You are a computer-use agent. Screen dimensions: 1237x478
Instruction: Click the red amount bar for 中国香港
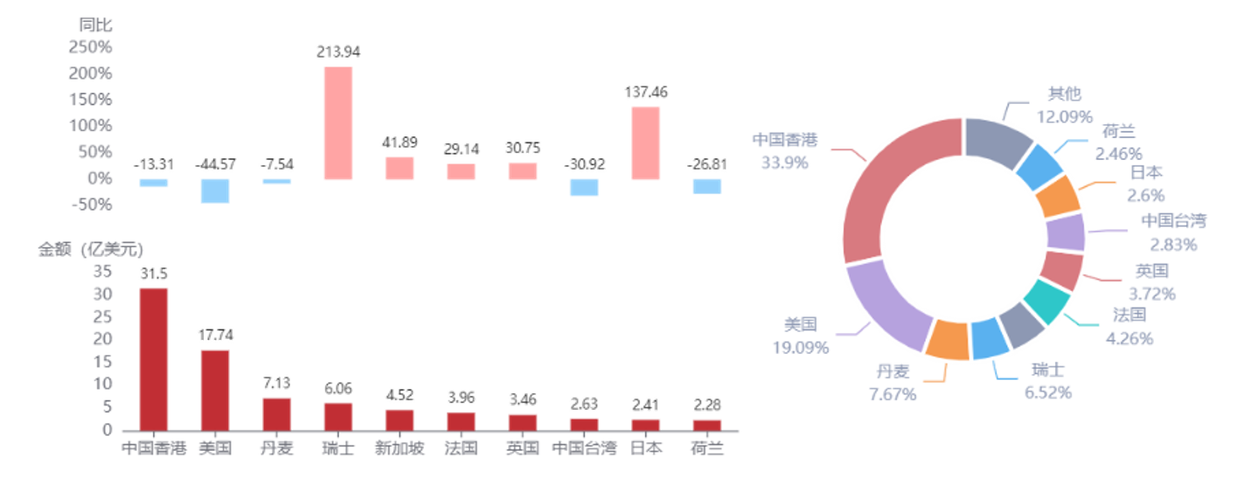point(154,359)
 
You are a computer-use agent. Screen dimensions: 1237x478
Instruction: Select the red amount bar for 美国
point(215,391)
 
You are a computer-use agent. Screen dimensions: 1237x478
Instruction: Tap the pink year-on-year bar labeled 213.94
point(338,123)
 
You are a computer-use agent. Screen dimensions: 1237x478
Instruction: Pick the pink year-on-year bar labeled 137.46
point(645,143)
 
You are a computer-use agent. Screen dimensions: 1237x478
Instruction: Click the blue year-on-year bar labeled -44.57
point(215,191)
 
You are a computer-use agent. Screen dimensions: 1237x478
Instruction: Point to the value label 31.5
point(154,274)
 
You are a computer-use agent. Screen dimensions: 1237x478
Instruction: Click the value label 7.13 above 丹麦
point(276,383)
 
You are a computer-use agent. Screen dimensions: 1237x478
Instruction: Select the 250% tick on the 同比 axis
point(91,47)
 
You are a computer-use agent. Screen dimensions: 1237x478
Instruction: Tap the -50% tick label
point(92,204)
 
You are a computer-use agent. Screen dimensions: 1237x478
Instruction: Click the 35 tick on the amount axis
point(102,272)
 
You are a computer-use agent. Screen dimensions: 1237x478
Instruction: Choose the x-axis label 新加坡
point(400,448)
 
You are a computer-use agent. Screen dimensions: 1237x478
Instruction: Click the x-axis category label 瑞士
point(338,448)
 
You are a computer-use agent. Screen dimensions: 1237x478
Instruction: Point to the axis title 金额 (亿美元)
point(91,250)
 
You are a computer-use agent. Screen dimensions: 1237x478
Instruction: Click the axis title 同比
point(95,24)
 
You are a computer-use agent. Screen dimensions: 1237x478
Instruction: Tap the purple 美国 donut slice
point(886,307)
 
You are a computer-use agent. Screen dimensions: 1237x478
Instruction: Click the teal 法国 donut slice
point(1046,301)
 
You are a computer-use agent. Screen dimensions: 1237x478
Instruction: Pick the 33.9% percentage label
point(785,163)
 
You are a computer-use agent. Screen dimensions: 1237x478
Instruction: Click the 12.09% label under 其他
point(1065,117)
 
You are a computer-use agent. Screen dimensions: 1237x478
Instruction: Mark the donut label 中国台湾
point(1174,221)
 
